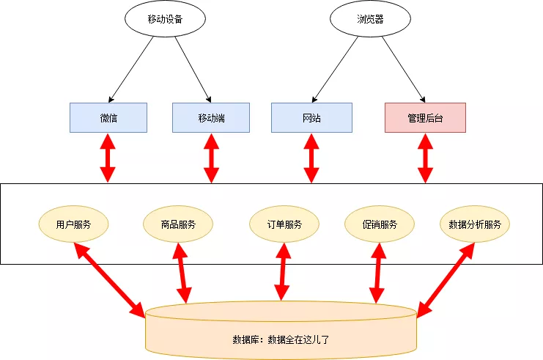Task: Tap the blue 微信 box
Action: click(108, 117)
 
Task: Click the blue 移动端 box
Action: click(211, 117)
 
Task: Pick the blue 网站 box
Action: click(311, 117)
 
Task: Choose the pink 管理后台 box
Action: click(425, 117)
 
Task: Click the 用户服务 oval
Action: click(74, 224)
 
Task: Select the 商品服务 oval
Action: click(179, 224)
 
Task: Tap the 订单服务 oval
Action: click(284, 224)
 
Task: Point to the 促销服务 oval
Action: click(380, 224)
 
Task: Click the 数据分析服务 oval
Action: click(475, 224)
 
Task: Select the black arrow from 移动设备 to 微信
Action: click(132, 68)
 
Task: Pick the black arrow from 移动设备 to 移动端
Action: click(193, 68)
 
